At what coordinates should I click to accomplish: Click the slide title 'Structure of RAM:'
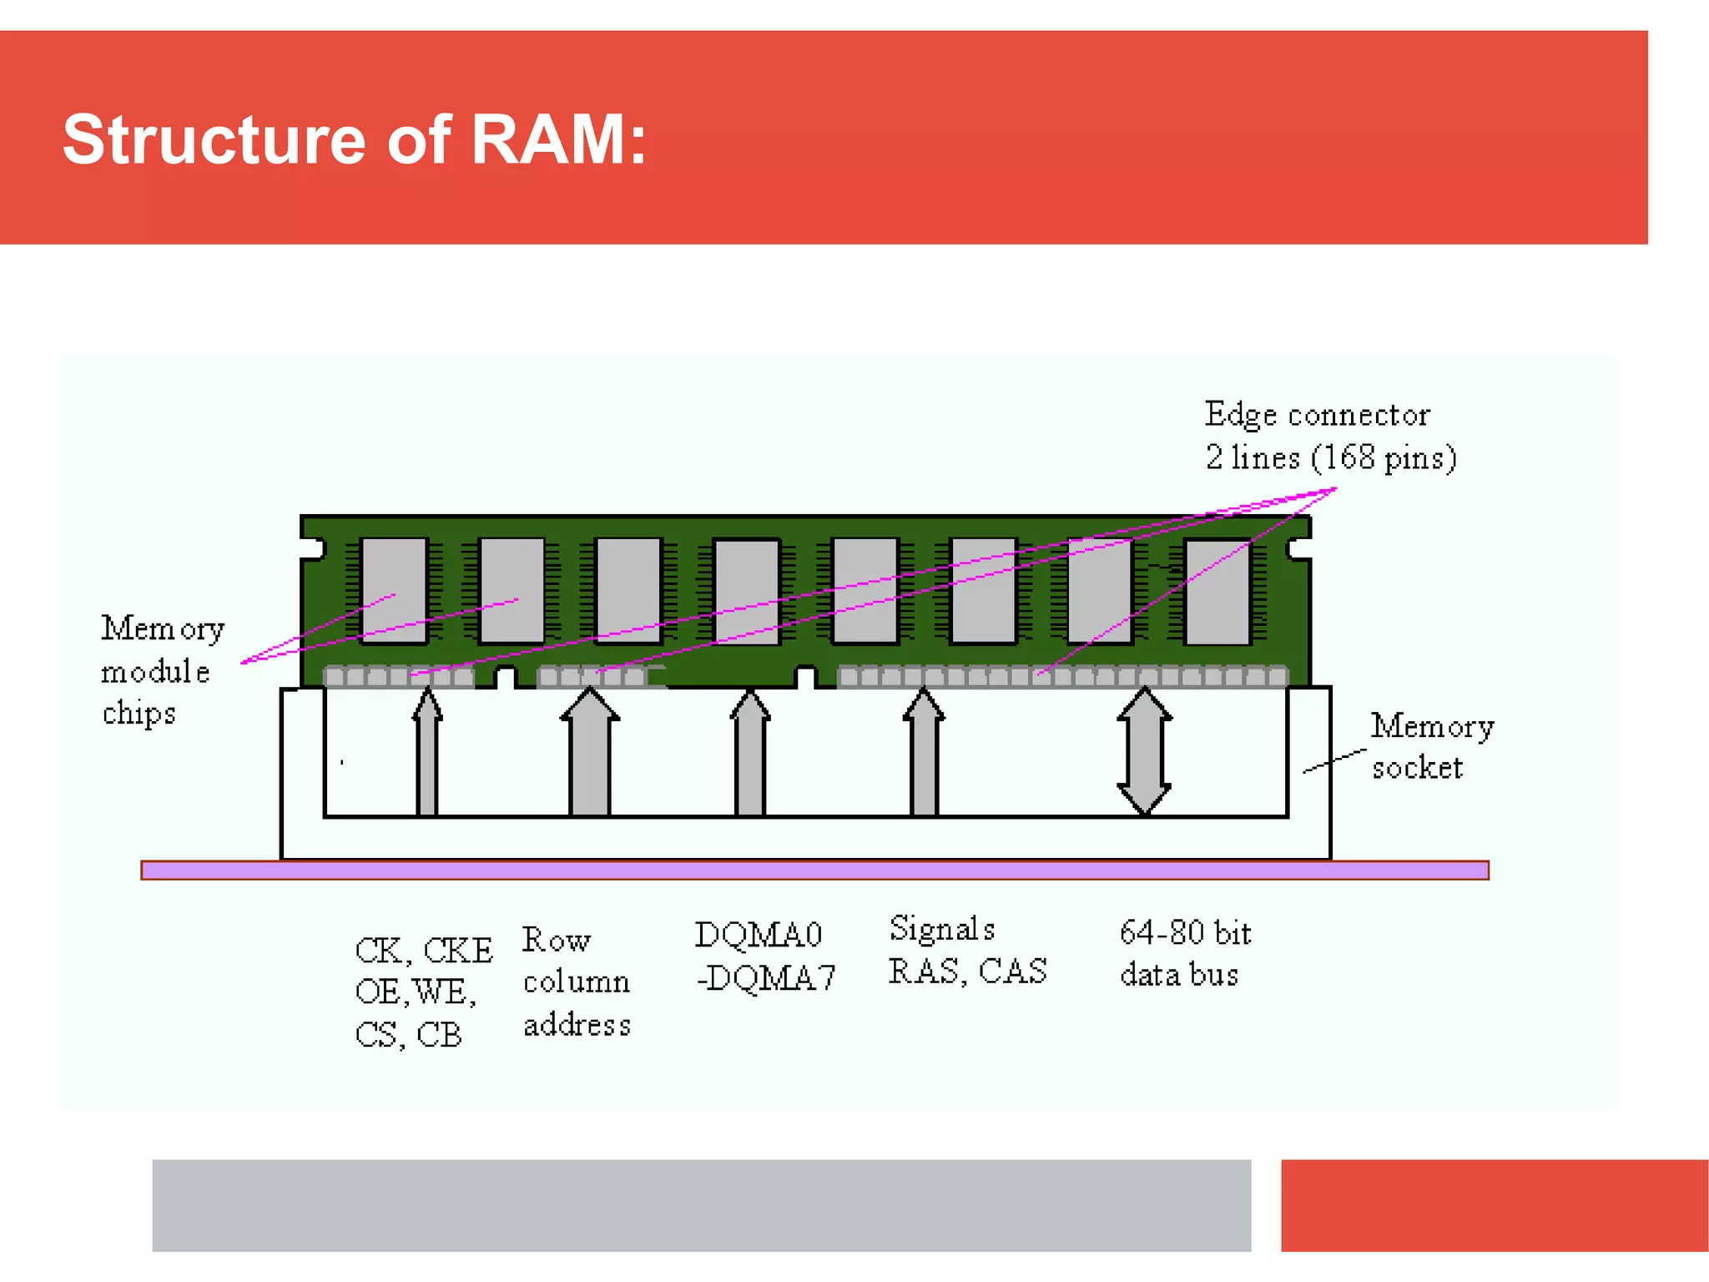tap(354, 139)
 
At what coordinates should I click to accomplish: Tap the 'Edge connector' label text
tap(1317, 415)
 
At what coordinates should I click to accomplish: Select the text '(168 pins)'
tap(1383, 458)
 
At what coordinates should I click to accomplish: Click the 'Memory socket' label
tap(1431, 746)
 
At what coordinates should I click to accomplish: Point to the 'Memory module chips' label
tap(161, 670)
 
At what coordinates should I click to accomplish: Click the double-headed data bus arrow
tap(1144, 751)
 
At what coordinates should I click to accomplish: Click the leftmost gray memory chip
tap(394, 591)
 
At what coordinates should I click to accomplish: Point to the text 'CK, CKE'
tap(423, 950)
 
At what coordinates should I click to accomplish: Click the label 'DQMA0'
tap(758, 935)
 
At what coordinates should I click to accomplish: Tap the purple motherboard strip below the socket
tap(814, 871)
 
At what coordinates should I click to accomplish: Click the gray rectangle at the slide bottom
tap(701, 1204)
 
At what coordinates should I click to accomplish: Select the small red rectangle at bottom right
tap(1494, 1204)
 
